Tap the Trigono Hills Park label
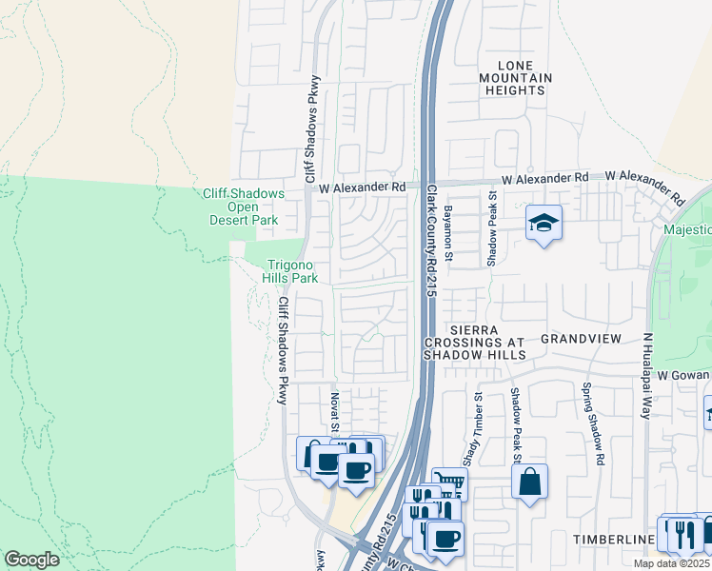pyautogui.click(x=290, y=271)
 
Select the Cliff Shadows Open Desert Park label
pyautogui.click(x=244, y=207)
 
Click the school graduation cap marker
pyautogui.click(x=544, y=224)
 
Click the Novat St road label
pyautogui.click(x=335, y=410)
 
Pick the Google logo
pyautogui.click(x=31, y=560)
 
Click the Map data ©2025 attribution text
pyautogui.click(x=672, y=563)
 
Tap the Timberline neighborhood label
pyautogui.click(x=614, y=540)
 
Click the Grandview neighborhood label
pyautogui.click(x=581, y=339)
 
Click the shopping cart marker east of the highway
pyautogui.click(x=448, y=483)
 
